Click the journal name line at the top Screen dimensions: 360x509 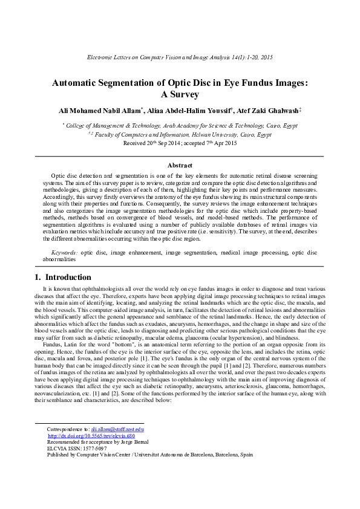[x=180, y=57]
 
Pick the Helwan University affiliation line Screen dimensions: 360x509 [x=180, y=135]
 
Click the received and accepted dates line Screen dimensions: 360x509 [x=180, y=143]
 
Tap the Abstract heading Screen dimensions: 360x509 [x=180, y=165]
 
